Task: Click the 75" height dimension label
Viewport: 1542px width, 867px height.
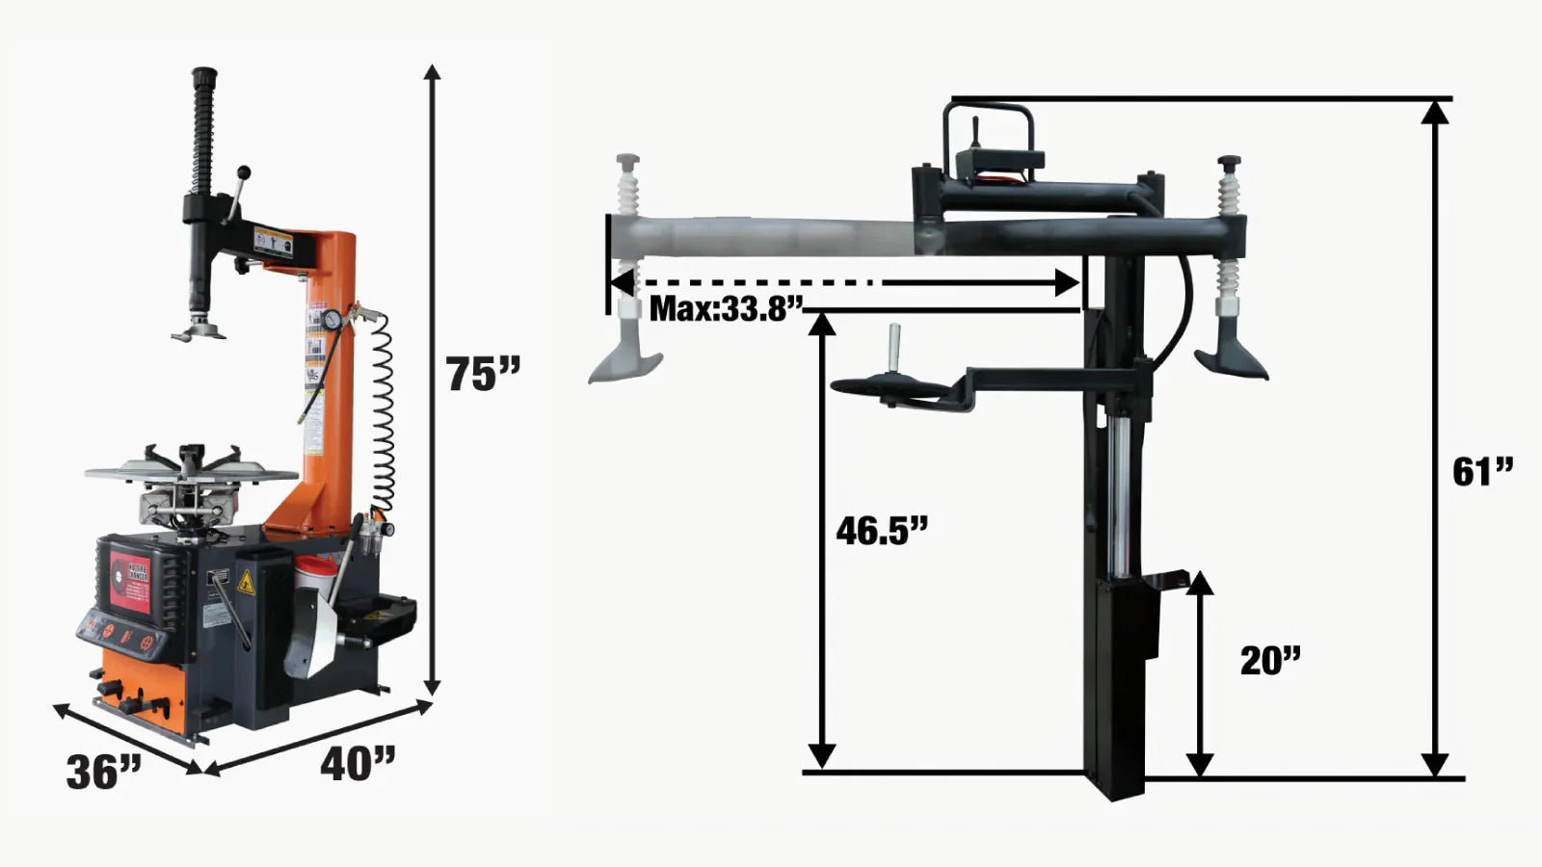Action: pyautogui.click(x=482, y=374)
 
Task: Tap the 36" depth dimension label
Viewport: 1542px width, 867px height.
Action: pyautogui.click(x=103, y=771)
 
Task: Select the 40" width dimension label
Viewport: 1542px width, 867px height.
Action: pyautogui.click(x=358, y=764)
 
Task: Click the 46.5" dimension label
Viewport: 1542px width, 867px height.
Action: pyautogui.click(x=881, y=530)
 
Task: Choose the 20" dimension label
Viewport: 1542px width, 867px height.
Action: pyautogui.click(x=1269, y=661)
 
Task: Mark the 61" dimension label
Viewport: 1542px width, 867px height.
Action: pyautogui.click(x=1482, y=472)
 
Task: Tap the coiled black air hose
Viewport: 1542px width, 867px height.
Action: pyautogui.click(x=383, y=414)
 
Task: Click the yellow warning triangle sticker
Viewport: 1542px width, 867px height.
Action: pyautogui.click(x=245, y=582)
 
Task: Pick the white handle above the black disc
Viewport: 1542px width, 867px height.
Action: pyautogui.click(x=893, y=342)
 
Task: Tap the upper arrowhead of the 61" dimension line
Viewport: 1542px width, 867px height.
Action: pyautogui.click(x=1435, y=112)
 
